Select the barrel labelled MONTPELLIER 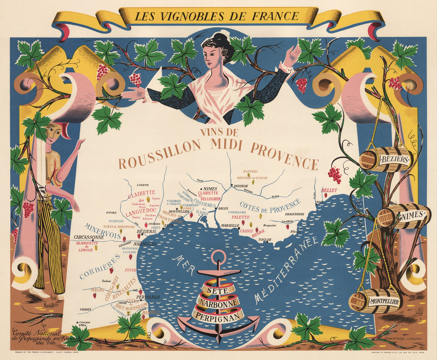click(x=375, y=301)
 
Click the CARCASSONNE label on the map click(x=89, y=237)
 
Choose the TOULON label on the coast click(x=265, y=240)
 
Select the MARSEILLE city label click(x=230, y=225)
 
